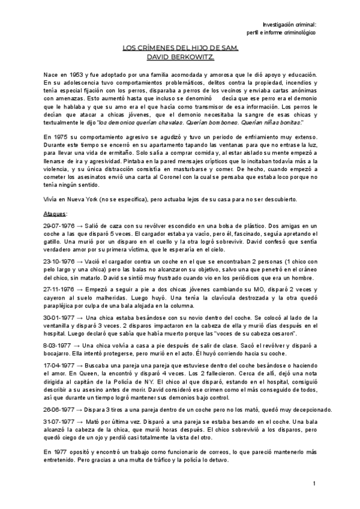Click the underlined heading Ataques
coord(56,213)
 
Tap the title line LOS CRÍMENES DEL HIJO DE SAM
coord(180,48)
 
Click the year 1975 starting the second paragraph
coord(63,137)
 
